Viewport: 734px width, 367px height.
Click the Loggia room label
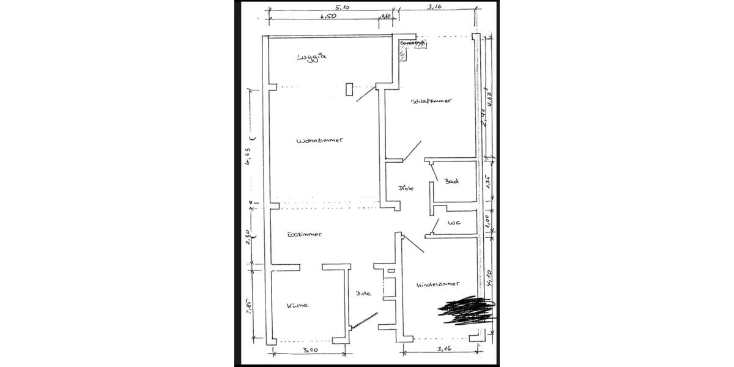coord(312,57)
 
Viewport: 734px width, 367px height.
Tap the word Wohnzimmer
coord(318,140)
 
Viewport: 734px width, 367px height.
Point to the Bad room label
coord(452,181)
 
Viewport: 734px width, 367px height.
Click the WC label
coord(453,223)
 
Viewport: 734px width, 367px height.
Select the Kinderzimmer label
coord(438,285)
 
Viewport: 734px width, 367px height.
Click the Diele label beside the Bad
coord(406,188)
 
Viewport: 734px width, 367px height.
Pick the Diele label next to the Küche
coord(365,293)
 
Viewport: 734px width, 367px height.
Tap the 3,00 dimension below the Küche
coord(311,350)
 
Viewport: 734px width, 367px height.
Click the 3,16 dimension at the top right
coord(434,9)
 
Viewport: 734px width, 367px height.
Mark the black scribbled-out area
coord(466,310)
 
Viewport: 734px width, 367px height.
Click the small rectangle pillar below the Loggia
coord(349,89)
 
